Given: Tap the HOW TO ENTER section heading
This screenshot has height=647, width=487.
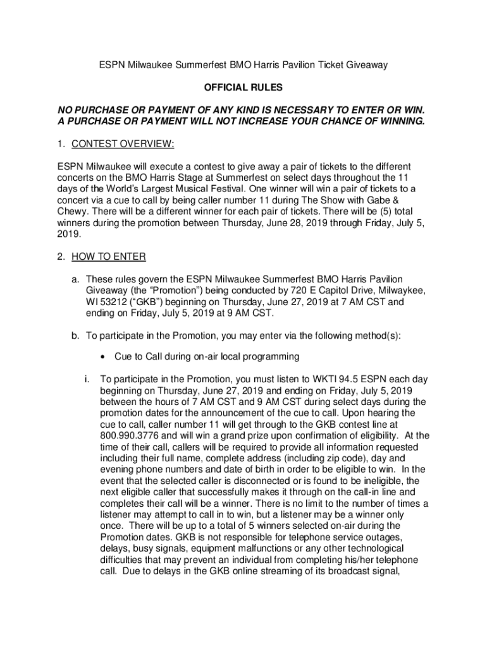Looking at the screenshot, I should click(x=109, y=257).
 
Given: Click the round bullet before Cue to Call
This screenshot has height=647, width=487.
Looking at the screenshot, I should click(x=102, y=357).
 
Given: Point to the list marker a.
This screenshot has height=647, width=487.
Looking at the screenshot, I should click(x=73, y=279).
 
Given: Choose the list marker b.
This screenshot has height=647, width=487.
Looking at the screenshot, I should click(x=73, y=335).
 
